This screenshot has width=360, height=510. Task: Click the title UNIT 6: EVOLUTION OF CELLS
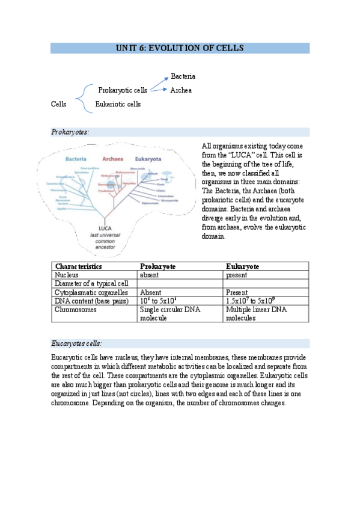tap(180, 48)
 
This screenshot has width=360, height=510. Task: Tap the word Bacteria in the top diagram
tap(183, 76)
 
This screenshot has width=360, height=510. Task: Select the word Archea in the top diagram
tap(181, 90)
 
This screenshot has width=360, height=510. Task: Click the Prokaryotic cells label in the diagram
tap(123, 90)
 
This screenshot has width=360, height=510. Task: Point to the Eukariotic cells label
tap(118, 104)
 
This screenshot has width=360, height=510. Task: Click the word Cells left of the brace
tap(58, 104)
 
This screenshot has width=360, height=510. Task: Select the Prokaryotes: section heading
tap(70, 132)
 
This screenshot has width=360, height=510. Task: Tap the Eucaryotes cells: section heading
tap(76, 343)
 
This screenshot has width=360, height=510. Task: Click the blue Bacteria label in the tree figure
tap(76, 159)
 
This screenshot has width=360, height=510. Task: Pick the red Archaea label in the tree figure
tap(112, 159)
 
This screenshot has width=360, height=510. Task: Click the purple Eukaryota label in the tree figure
tap(148, 159)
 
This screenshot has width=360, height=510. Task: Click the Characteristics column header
tap(78, 266)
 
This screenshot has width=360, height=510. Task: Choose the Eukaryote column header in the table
tap(242, 266)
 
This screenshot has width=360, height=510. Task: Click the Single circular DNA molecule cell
tap(170, 313)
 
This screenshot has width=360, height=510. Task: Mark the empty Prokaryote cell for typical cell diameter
tap(180, 283)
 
